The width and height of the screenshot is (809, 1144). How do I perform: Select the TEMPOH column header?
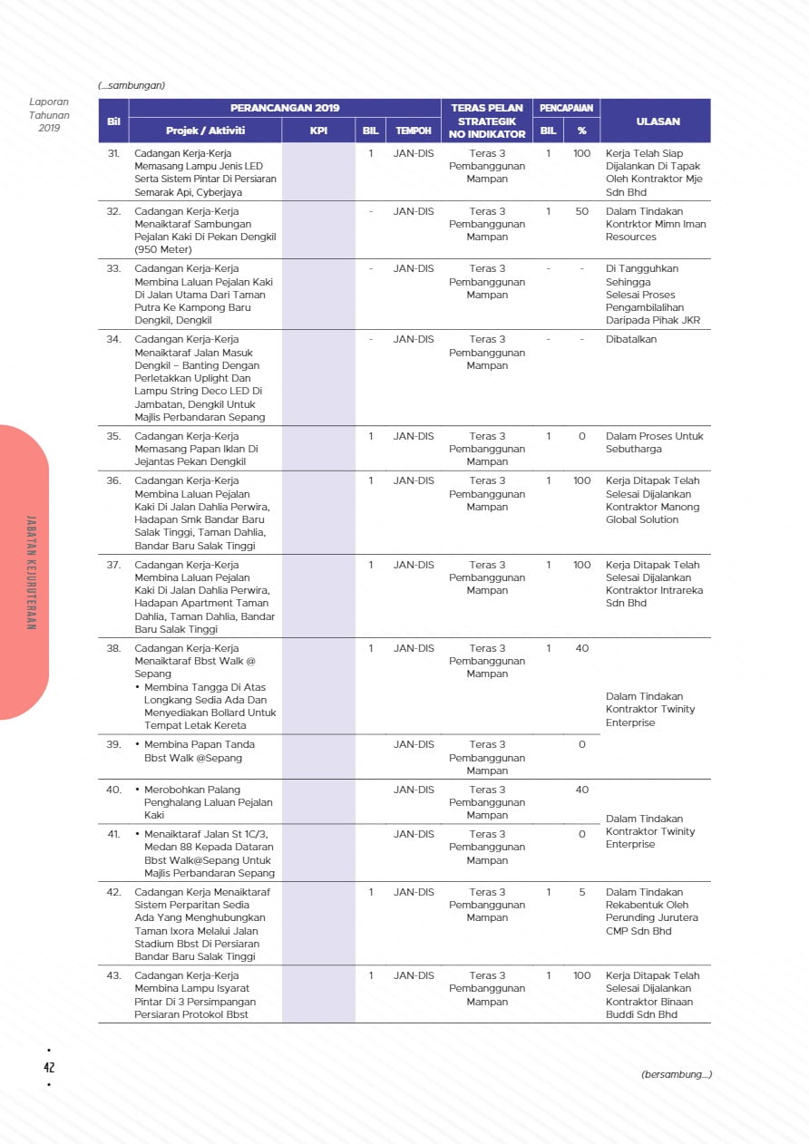tap(414, 131)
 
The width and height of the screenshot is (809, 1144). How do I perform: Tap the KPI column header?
tap(318, 131)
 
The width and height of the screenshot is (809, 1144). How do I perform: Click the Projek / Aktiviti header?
tap(205, 131)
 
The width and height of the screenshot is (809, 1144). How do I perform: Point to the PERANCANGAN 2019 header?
tap(285, 108)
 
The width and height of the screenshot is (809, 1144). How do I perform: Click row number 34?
tap(113, 339)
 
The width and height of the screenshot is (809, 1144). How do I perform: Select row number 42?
tap(113, 892)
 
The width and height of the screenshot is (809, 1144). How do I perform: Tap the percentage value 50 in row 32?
tap(581, 211)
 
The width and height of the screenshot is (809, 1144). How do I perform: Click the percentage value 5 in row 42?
tap(581, 892)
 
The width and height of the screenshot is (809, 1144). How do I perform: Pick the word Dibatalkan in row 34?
tap(631, 339)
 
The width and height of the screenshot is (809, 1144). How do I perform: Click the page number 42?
tap(49, 1068)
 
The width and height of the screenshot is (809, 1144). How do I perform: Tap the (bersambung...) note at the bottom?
tap(676, 1074)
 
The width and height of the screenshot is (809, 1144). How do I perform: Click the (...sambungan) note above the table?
tap(132, 85)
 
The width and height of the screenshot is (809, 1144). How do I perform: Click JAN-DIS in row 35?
tap(414, 436)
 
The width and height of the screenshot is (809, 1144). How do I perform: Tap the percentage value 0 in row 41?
tap(581, 834)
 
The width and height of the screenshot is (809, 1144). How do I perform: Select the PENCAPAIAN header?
tap(566, 108)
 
